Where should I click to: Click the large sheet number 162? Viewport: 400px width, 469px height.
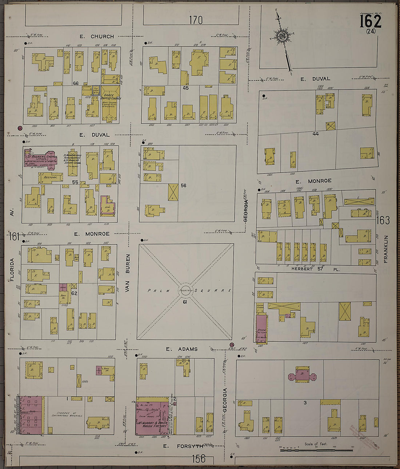(371, 21)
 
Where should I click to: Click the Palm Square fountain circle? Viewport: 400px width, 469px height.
(185, 290)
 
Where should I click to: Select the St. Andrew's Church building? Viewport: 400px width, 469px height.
(40, 159)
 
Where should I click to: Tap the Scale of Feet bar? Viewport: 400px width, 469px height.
(316, 450)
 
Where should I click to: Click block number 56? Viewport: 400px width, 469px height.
(183, 186)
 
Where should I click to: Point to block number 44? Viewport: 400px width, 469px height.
(315, 134)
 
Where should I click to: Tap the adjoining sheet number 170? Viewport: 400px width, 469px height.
(196, 20)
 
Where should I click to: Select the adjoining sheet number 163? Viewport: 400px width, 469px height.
(383, 220)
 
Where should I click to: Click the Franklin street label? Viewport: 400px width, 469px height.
(386, 249)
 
